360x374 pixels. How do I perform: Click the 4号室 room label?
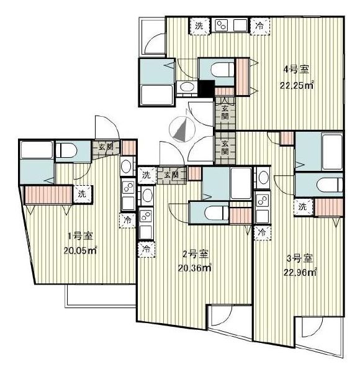(x=297, y=70)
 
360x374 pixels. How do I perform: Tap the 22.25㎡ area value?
(x=297, y=85)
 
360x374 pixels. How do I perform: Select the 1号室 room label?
(x=80, y=236)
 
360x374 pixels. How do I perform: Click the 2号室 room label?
(x=195, y=254)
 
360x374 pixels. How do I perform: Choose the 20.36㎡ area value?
(x=195, y=268)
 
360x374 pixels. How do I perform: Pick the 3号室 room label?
(x=300, y=258)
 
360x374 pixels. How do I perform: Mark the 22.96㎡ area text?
(x=300, y=272)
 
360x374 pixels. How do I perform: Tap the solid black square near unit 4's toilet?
(x=206, y=88)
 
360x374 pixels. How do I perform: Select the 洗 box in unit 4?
(x=200, y=25)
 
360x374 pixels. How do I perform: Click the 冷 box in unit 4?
(x=259, y=25)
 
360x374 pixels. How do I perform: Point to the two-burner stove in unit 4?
(x=222, y=25)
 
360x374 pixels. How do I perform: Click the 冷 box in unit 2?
(x=146, y=250)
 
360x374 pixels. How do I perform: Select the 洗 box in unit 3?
(x=303, y=207)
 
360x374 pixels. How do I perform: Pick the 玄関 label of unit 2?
(x=171, y=175)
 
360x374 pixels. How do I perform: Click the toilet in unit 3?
(x=329, y=185)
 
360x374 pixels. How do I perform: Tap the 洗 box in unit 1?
(x=82, y=194)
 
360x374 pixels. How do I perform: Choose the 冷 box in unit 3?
(x=263, y=233)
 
